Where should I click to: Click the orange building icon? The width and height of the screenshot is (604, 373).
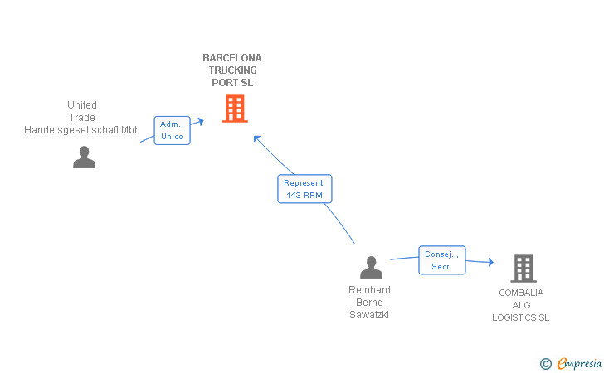tap(235, 109)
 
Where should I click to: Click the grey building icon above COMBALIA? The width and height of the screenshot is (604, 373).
tap(524, 269)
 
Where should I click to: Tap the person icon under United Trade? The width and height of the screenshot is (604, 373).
tap(84, 157)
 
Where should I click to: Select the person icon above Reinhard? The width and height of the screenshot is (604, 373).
tap(371, 267)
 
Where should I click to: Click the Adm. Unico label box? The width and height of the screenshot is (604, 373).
tap(173, 130)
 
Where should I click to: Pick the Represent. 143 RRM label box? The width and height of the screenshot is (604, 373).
tap(304, 189)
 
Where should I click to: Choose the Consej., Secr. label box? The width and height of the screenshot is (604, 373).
tap(442, 260)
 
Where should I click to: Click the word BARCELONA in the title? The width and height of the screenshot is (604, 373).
tap(232, 58)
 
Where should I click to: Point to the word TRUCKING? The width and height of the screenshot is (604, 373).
tap(232, 70)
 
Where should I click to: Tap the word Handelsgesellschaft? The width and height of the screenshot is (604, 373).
tap(71, 130)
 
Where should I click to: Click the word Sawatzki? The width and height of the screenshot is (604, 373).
tap(369, 315)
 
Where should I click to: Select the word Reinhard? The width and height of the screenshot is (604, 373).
tap(369, 290)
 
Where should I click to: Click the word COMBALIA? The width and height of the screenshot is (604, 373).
tap(521, 293)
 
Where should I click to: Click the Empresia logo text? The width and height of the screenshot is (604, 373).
tap(579, 363)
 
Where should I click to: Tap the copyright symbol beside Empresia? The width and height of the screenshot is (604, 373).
tap(545, 364)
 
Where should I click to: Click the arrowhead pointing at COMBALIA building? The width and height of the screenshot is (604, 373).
tap(491, 262)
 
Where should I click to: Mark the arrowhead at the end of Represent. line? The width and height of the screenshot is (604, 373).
tap(257, 139)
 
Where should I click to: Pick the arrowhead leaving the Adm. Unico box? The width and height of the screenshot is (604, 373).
tap(201, 122)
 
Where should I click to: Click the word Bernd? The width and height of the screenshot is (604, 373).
tap(369, 303)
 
